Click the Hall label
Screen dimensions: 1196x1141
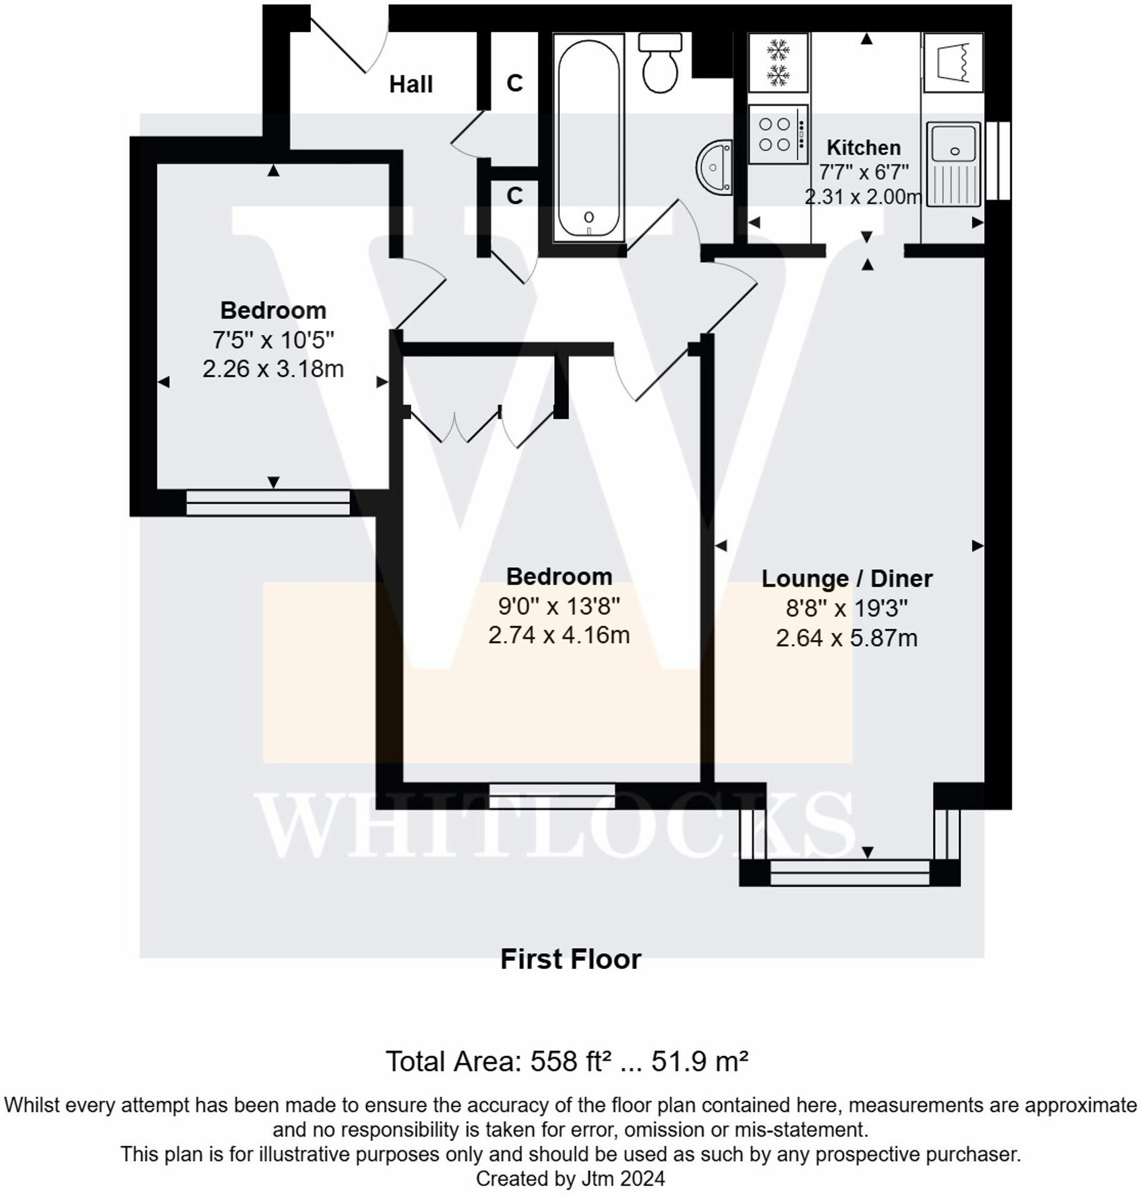[x=410, y=84]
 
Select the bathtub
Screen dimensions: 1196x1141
[x=589, y=138]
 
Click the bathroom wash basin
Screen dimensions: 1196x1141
[x=715, y=168]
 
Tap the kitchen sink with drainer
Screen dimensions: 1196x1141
[x=953, y=164]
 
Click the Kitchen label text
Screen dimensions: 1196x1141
[x=863, y=148]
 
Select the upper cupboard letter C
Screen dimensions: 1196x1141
[x=514, y=83]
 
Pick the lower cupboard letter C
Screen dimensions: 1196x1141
[x=514, y=196]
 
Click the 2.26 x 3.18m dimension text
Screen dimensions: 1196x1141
[x=273, y=368]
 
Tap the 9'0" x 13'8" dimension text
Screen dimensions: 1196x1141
[x=559, y=606]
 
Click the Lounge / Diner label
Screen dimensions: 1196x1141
[x=846, y=578]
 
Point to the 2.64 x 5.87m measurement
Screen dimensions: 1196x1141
[x=846, y=638]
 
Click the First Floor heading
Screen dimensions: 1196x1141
[x=570, y=959]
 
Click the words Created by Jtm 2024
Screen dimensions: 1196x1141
[x=570, y=1178]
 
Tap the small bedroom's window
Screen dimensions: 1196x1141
[x=268, y=502]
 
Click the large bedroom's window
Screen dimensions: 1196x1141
[x=552, y=796]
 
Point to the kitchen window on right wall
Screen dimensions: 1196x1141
[x=998, y=161]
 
